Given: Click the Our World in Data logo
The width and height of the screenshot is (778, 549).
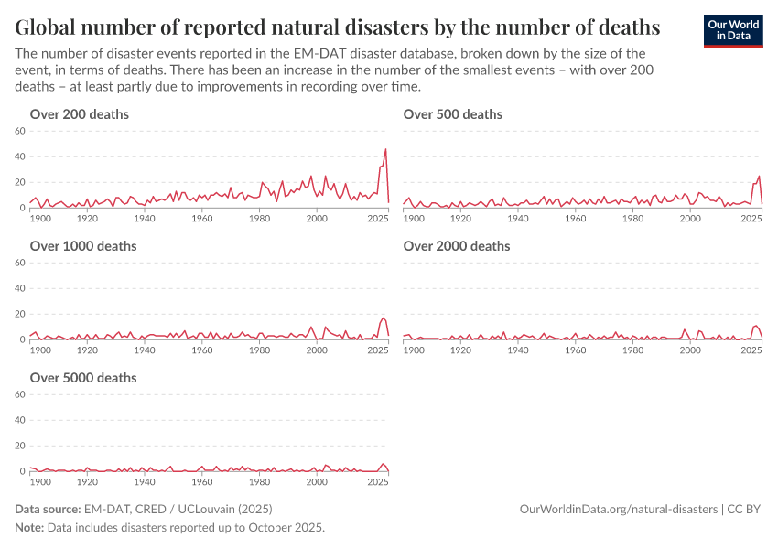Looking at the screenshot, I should pyautogui.click(x=733, y=30).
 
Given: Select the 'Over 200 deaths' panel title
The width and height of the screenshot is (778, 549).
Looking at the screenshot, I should pyautogui.click(x=80, y=114).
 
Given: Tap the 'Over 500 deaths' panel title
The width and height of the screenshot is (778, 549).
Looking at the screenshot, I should pyautogui.click(x=453, y=114).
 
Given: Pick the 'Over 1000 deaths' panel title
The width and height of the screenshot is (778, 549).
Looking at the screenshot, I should pyautogui.click(x=83, y=246).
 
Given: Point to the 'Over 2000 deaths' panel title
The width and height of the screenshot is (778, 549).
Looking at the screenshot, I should pyautogui.click(x=457, y=246).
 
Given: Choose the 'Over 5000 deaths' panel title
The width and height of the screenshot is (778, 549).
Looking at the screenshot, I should pyautogui.click(x=83, y=378).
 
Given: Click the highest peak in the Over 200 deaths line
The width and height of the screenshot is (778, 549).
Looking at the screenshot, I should pyautogui.click(x=385, y=149).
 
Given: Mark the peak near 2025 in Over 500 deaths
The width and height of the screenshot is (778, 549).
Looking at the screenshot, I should pyautogui.click(x=759, y=176).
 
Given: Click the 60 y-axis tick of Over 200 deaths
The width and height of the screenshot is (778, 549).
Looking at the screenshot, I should pyautogui.click(x=20, y=131).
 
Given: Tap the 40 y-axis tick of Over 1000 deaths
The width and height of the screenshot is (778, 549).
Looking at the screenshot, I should pyautogui.click(x=20, y=288).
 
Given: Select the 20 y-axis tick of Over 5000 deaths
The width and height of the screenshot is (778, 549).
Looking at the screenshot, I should pyautogui.click(x=20, y=446).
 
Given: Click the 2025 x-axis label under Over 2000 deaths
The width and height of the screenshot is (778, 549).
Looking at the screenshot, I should pyautogui.click(x=751, y=351).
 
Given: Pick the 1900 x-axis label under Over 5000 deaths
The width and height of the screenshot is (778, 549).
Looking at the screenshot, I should pyautogui.click(x=41, y=483).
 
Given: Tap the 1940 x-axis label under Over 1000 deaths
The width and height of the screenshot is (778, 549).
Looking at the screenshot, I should pyautogui.click(x=145, y=351).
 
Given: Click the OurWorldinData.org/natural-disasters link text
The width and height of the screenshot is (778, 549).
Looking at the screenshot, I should pyautogui.click(x=618, y=509).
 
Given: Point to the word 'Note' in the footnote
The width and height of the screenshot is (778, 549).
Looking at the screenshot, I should pyautogui.click(x=29, y=528).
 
